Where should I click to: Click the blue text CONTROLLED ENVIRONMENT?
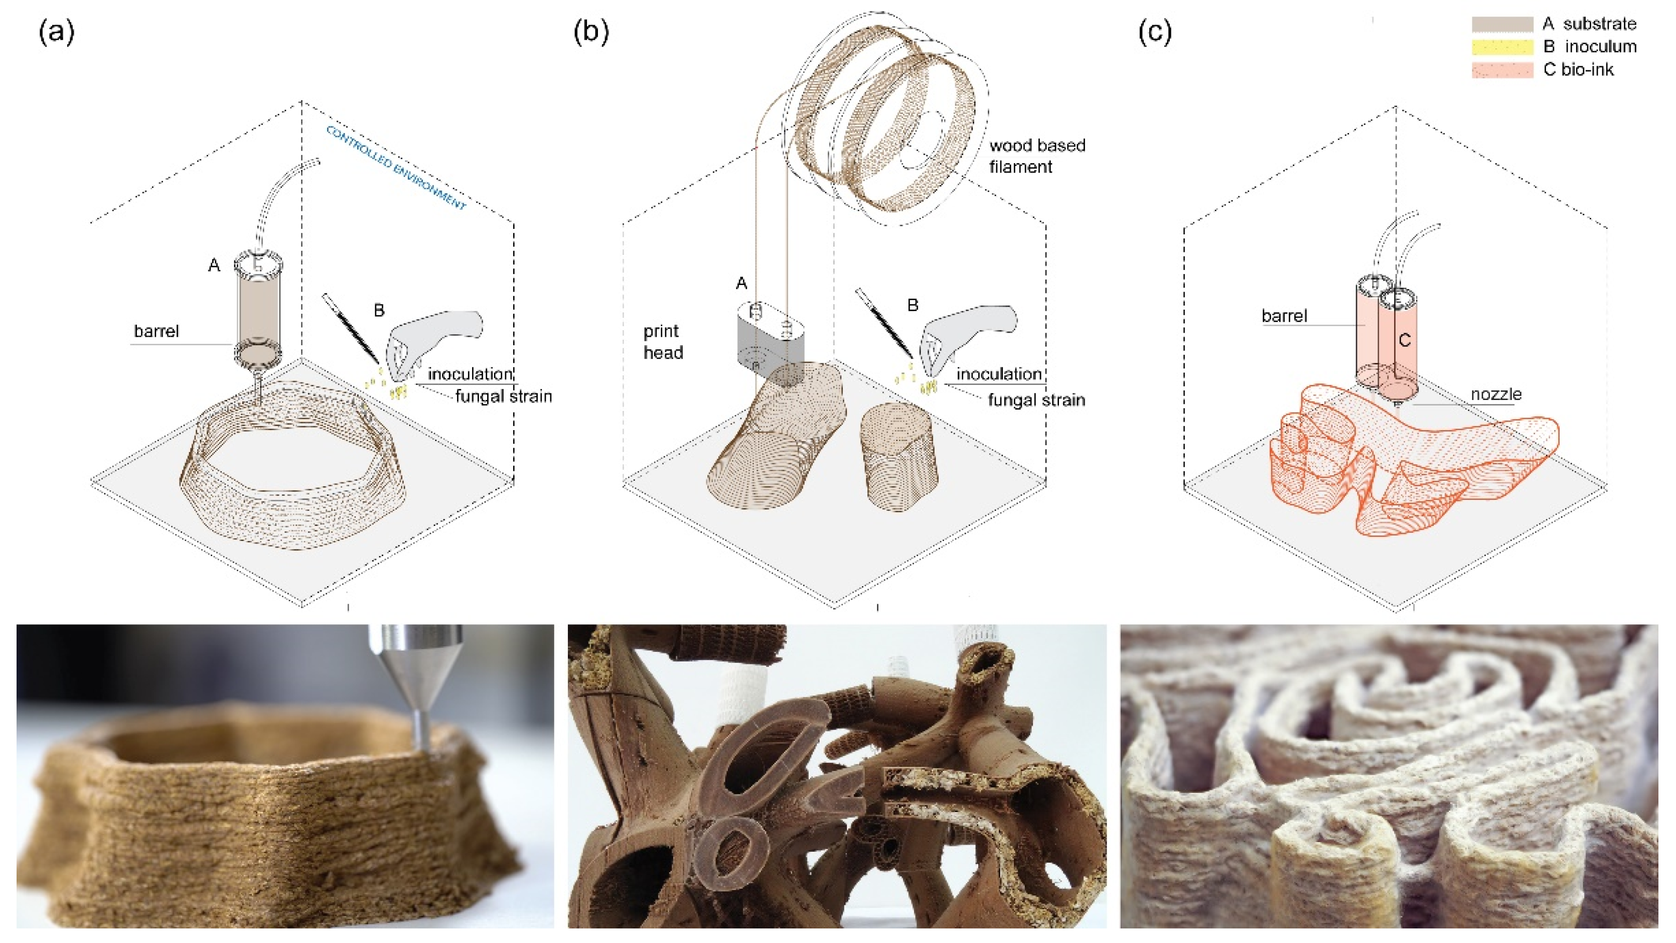click(396, 167)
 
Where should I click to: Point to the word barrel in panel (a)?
click(156, 331)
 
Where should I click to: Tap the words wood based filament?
click(1036, 156)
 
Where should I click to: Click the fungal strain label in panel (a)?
click(503, 396)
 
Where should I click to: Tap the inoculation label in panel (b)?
click(999, 374)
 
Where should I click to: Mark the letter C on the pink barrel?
click(1404, 340)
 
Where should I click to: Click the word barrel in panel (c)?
click(1284, 316)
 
